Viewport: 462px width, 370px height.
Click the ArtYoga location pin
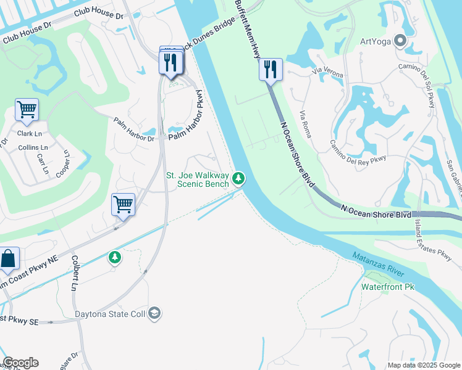(399, 42)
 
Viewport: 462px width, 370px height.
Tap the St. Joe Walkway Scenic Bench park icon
(238, 179)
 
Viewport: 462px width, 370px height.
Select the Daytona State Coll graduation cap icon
(154, 314)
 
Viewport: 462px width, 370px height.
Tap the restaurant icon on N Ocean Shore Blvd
(271, 68)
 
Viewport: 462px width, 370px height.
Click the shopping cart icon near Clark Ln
(27, 109)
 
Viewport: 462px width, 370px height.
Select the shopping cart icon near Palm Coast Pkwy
(123, 204)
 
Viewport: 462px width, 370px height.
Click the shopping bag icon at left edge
(9, 257)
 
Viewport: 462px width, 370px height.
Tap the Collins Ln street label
(32, 148)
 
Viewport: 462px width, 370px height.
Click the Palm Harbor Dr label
(134, 129)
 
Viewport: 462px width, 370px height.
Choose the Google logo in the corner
(20, 363)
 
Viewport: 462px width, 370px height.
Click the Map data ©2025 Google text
(424, 365)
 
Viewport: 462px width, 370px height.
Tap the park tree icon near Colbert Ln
(114, 257)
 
